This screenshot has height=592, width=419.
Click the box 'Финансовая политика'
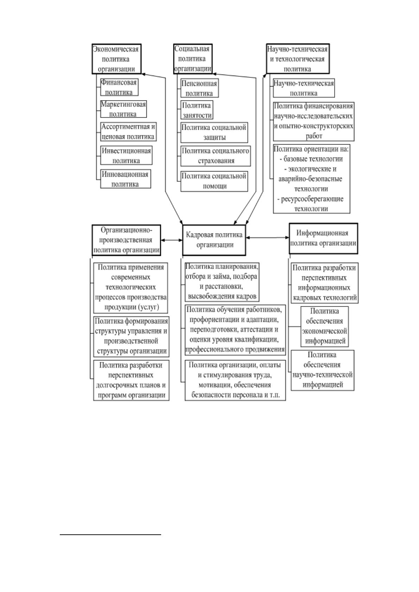[119, 87]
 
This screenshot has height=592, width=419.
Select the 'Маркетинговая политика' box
[123, 109]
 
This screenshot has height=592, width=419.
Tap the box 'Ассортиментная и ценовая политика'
[128, 131]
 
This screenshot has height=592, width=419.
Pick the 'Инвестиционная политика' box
[126, 155]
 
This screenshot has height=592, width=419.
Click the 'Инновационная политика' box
[126, 179]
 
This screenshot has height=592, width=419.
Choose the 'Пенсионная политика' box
[200, 88]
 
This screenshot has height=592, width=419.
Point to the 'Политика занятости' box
[197, 110]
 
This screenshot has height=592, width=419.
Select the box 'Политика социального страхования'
[216, 156]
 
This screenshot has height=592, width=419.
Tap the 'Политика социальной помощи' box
[214, 181]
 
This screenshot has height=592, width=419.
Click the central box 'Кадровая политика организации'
[214, 240]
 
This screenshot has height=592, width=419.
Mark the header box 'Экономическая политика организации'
[116, 59]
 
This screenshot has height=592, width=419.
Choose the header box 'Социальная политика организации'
[193, 58]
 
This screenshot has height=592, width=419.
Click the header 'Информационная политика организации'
[323, 238]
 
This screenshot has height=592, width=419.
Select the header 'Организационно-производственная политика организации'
[126, 240]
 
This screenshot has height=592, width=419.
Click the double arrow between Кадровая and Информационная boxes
[267, 238]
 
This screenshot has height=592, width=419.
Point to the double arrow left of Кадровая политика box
[172, 240]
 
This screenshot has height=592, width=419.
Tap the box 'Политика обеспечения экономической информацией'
[325, 327]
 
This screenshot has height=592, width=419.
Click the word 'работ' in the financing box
[314, 136]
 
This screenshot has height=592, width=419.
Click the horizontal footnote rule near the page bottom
[110, 535]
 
